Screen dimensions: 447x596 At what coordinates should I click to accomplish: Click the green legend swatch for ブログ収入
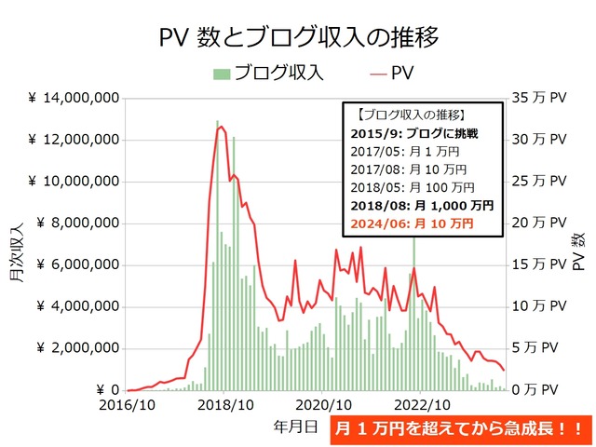click(222, 73)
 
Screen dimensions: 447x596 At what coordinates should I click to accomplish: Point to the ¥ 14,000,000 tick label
click(73, 98)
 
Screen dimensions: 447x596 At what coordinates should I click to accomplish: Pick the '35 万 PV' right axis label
click(537, 98)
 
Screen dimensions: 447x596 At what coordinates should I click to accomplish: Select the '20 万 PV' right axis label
click(537, 223)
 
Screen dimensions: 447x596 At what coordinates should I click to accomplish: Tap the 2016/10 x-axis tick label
click(127, 406)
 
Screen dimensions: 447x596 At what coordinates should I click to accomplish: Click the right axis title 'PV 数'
click(579, 244)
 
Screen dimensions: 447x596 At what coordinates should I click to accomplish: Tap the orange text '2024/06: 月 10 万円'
click(413, 224)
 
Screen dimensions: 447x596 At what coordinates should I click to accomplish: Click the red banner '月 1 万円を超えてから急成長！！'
click(461, 429)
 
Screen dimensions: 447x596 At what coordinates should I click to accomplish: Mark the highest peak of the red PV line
click(221, 127)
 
